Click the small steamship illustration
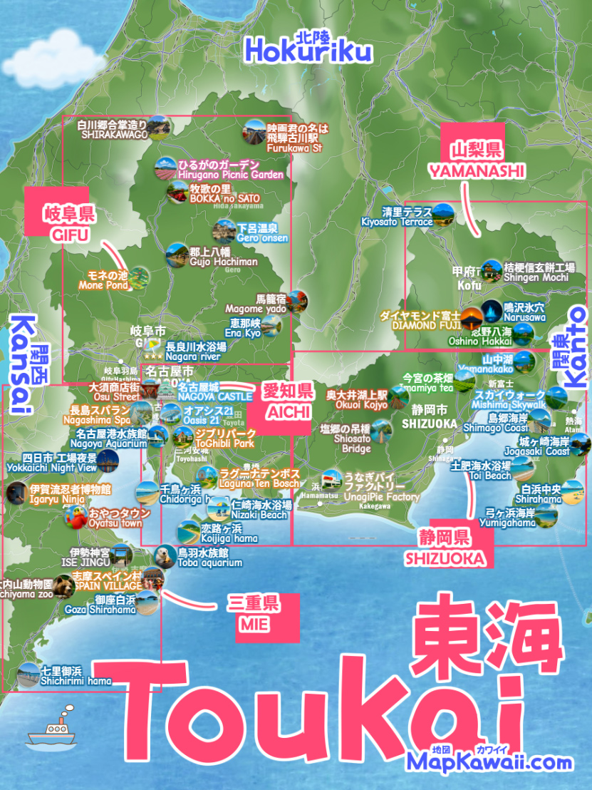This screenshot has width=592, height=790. pos(49,731)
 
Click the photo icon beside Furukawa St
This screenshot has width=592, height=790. pos(254,130)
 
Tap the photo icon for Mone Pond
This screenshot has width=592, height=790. pos(139,277)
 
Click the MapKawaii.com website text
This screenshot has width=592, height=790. pos(489,762)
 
